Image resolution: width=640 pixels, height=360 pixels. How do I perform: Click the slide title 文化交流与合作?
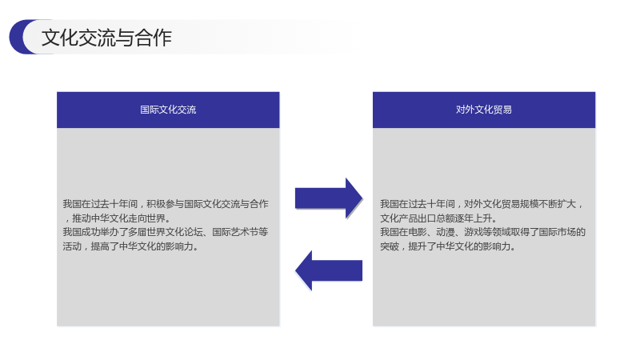click(x=106, y=38)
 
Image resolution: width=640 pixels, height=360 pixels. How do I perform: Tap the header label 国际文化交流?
click(x=168, y=110)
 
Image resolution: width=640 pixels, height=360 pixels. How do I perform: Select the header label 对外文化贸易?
click(x=484, y=110)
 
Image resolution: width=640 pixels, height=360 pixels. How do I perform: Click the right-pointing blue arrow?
click(x=329, y=198)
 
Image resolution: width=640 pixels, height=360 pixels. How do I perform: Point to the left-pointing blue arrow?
click(x=329, y=270)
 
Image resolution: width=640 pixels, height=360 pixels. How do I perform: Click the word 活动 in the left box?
click(x=72, y=246)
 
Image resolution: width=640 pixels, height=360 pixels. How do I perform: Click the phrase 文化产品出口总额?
click(x=418, y=218)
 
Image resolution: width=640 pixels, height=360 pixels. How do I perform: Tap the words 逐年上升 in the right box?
click(x=474, y=218)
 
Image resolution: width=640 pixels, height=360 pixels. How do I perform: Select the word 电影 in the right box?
click(x=418, y=232)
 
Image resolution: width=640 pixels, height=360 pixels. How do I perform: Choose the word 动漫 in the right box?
click(x=446, y=232)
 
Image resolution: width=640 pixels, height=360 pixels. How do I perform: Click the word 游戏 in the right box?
click(x=474, y=232)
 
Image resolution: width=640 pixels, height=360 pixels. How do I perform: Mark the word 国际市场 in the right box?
click(x=557, y=232)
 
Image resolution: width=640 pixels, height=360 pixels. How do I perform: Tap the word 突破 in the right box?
click(x=390, y=246)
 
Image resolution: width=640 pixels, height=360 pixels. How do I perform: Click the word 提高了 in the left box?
click(x=105, y=246)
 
